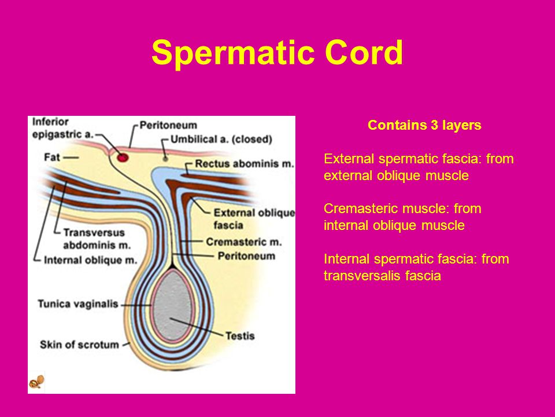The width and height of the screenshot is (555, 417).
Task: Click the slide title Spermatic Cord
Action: point(277,53)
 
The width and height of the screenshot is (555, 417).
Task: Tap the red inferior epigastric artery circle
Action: point(123,157)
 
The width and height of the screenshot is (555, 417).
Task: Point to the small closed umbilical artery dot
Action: point(165,158)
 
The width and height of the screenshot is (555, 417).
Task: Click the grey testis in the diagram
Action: point(172,306)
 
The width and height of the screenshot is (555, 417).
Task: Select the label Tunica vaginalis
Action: point(78,304)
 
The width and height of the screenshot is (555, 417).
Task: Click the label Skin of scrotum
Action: point(79,345)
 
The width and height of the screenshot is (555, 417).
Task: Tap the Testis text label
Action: point(240,335)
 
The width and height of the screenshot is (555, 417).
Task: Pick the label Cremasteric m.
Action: point(244,242)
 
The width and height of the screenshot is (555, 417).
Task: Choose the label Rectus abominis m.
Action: point(244,164)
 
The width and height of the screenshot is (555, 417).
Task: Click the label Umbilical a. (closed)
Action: point(221,139)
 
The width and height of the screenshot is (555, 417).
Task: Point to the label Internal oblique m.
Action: point(90,260)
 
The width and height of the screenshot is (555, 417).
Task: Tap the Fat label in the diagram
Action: point(51,157)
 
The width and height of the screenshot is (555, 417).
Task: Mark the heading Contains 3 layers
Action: point(424,125)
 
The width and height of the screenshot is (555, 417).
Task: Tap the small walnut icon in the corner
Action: point(36,382)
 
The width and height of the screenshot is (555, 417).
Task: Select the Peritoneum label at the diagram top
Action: point(168,125)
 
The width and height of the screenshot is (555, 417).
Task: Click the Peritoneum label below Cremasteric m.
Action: point(246,256)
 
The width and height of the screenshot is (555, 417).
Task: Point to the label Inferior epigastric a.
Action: point(62,128)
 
